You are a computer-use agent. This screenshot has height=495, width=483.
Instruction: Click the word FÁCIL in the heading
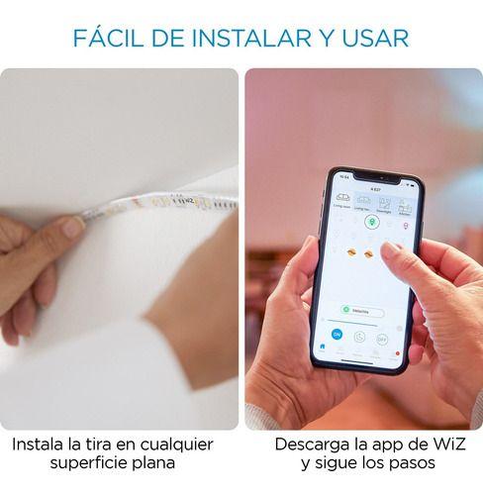112,38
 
